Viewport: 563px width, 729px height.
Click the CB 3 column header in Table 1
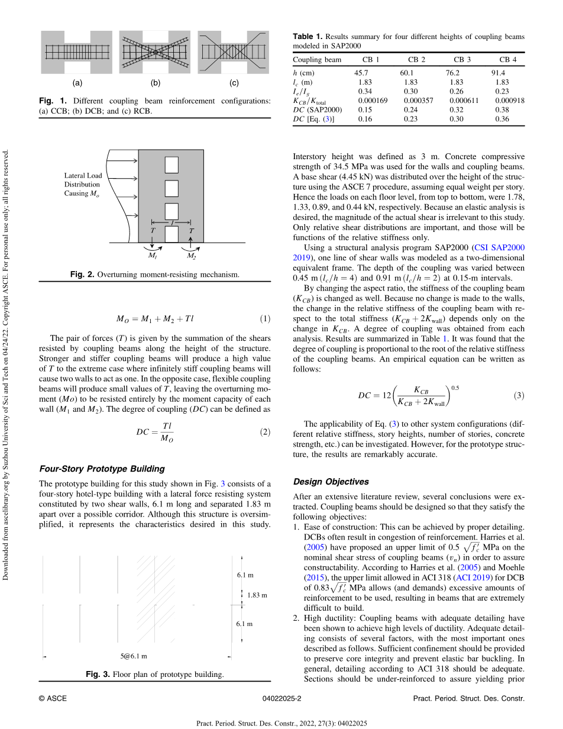coord(462,60)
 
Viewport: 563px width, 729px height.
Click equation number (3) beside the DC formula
coord(519,396)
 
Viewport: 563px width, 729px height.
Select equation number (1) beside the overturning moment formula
coord(266,319)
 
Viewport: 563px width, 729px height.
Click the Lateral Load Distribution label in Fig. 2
coord(83,185)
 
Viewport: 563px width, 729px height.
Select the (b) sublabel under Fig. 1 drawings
coord(156,83)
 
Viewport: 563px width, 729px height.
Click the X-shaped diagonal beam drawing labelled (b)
coord(155,52)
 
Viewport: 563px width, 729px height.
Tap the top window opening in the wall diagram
coord(172,165)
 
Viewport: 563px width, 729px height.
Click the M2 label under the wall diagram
coord(192,256)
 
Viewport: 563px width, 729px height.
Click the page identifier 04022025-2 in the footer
coord(281,698)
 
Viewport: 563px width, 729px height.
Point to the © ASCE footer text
coord(53,698)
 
